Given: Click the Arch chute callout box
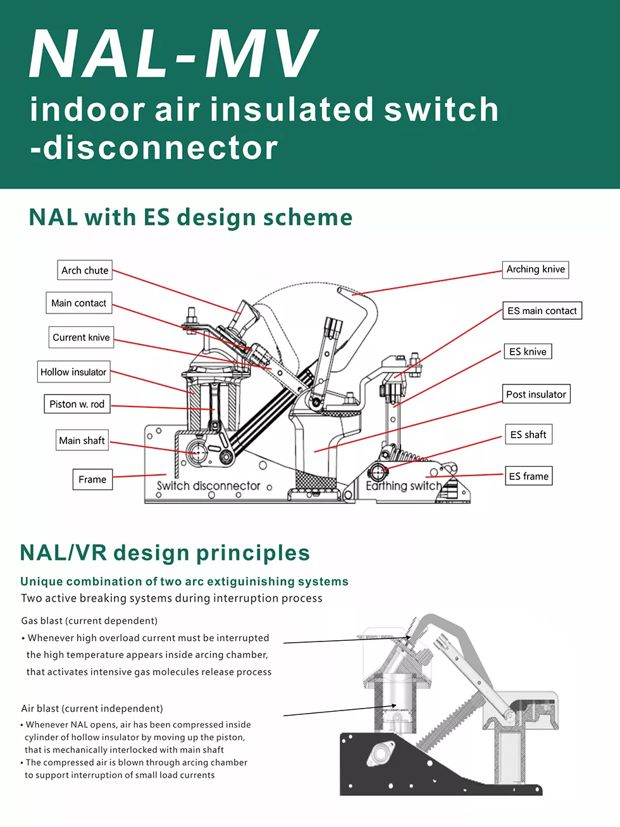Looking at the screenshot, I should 85,270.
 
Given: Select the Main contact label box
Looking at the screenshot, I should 79,303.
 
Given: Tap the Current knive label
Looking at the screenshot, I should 81,338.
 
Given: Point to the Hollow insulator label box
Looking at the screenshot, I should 73,372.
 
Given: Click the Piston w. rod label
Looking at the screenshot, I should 77,404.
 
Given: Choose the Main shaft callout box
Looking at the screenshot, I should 82,441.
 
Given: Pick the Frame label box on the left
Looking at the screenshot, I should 92,479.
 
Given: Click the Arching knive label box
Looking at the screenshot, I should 535,269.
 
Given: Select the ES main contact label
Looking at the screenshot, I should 542,311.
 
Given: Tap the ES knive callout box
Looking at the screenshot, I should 528,351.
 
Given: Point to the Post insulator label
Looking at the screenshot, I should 536,394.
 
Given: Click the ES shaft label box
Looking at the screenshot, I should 528,434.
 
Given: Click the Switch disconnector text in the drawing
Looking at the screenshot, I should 208,486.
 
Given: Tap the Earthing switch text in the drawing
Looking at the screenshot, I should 404,486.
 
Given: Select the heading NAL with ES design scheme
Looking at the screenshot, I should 190,217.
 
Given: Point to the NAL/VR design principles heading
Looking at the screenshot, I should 165,553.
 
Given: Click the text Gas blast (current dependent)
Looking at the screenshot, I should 89,621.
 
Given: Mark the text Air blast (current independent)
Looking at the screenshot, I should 92,709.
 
